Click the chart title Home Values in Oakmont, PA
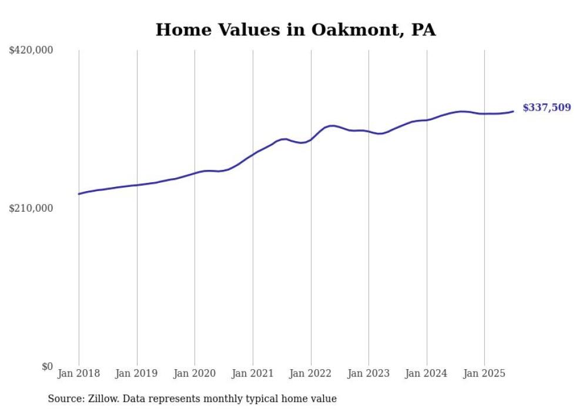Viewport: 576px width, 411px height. click(x=296, y=30)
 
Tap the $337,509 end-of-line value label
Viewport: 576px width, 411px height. click(x=546, y=108)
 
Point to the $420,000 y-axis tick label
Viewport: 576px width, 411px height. click(x=31, y=51)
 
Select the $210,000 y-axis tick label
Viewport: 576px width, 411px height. click(x=31, y=208)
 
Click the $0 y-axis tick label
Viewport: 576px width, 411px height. click(x=47, y=366)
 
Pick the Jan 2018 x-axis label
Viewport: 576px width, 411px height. click(x=79, y=373)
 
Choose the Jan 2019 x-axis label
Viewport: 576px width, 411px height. click(x=137, y=373)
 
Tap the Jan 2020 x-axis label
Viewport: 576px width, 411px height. click(x=195, y=373)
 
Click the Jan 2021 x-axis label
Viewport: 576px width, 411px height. click(x=253, y=373)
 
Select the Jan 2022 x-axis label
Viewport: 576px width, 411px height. click(x=310, y=373)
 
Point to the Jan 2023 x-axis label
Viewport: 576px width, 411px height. click(x=369, y=373)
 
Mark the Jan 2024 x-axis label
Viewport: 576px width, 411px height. click(x=427, y=373)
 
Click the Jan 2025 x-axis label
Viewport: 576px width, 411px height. click(x=484, y=373)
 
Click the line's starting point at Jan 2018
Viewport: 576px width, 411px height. click(x=79, y=194)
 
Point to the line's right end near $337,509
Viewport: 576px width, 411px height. click(x=513, y=111)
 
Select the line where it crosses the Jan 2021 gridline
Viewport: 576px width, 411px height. click(x=253, y=155)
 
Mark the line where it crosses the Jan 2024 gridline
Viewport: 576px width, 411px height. click(x=427, y=120)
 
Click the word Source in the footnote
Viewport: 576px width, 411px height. click(x=63, y=399)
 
